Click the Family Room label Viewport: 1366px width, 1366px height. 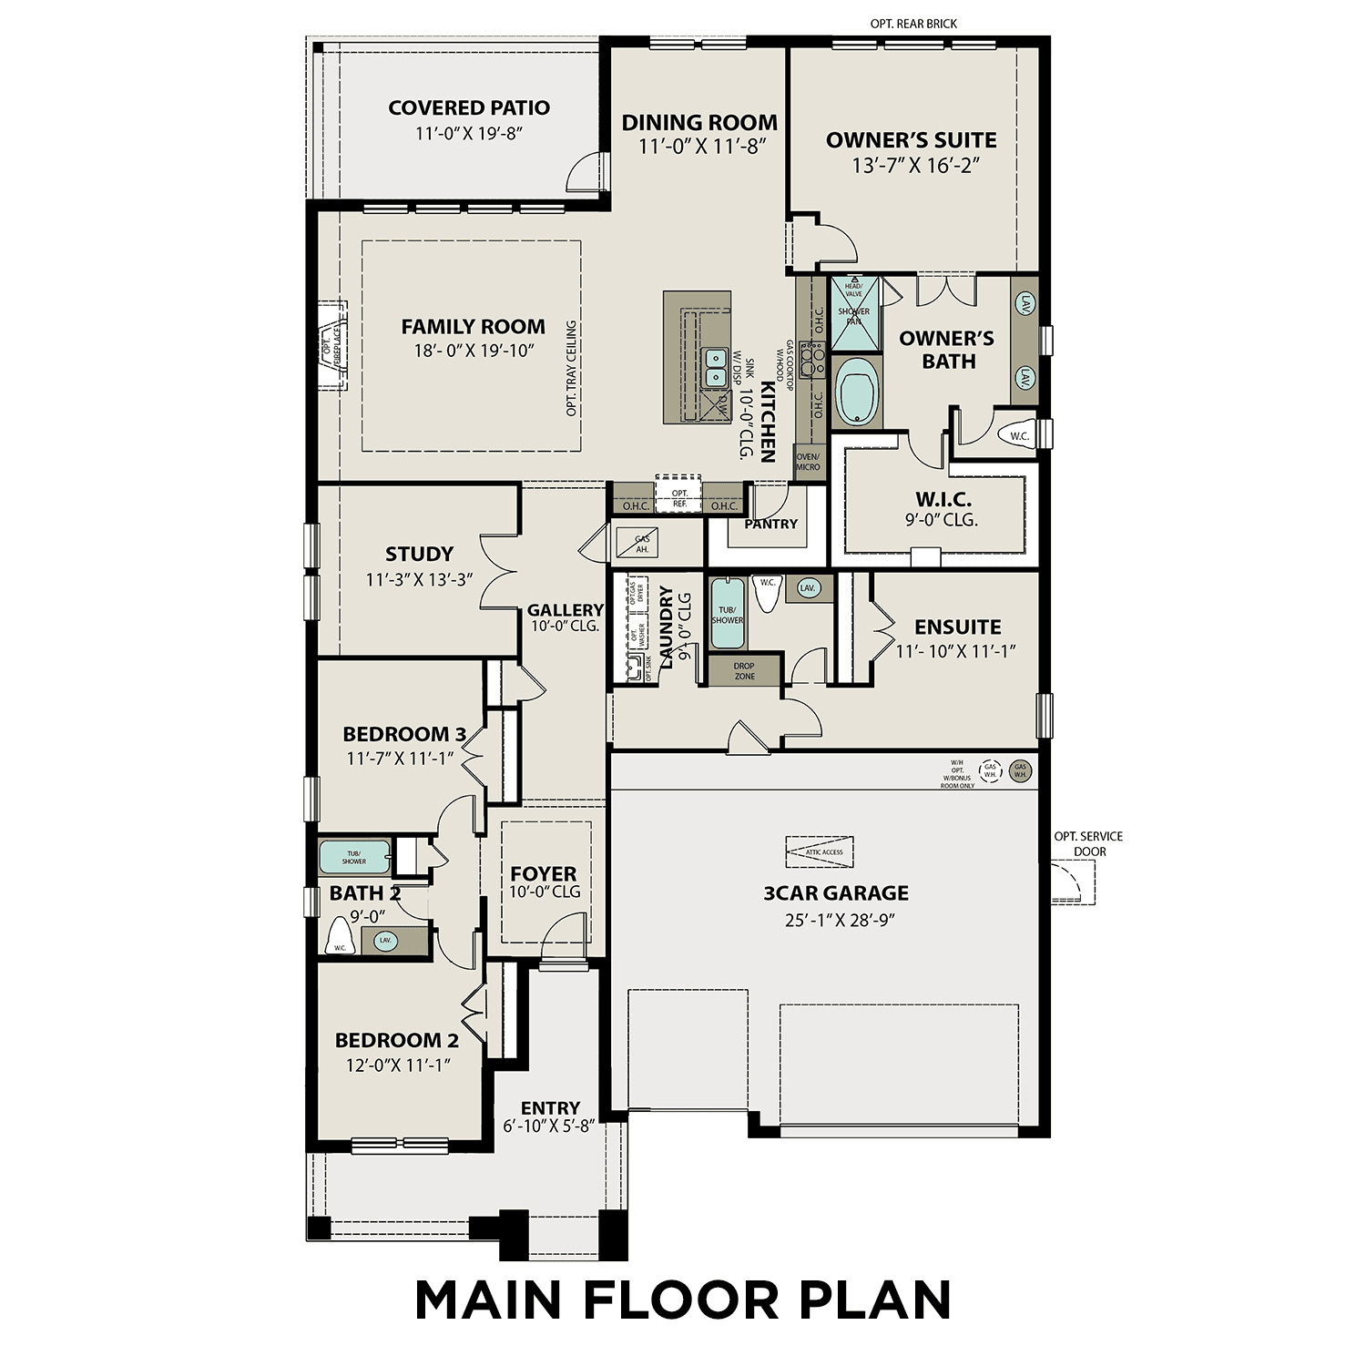[473, 327]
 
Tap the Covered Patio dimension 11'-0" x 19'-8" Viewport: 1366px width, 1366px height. [468, 134]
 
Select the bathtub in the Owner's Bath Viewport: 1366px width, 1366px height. [855, 391]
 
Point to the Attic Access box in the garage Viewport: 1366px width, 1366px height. [820, 851]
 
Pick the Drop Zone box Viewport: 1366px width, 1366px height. [744, 671]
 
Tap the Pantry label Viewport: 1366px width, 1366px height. [770, 524]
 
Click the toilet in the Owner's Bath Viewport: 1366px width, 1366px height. [1016, 436]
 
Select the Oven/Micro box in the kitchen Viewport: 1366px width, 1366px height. [808, 462]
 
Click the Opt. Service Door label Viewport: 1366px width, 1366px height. [1088, 843]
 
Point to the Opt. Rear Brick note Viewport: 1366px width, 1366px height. [913, 24]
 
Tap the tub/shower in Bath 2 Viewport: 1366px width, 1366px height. [354, 857]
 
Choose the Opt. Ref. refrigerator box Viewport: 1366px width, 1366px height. [679, 497]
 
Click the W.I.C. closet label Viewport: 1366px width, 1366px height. [943, 499]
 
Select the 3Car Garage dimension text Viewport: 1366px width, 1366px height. [840, 920]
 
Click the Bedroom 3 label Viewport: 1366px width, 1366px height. [403, 734]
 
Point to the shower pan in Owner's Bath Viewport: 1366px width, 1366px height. [854, 314]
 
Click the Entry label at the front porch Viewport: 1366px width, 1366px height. [550, 1107]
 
